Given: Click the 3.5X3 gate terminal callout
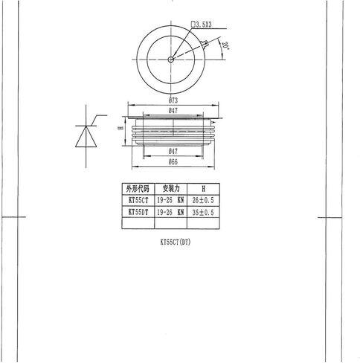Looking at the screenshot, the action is tap(202, 25).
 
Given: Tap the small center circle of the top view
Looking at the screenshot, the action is tap(170, 60).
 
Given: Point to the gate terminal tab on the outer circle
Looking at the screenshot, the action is tap(205, 45).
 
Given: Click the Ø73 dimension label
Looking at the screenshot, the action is tap(173, 100).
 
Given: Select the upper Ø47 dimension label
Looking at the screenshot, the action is tap(173, 111).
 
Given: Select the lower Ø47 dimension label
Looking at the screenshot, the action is tap(173, 151).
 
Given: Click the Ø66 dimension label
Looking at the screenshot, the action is tap(173, 162).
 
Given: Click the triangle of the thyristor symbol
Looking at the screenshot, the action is tap(86, 137).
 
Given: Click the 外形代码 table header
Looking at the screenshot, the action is tap(138, 189).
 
